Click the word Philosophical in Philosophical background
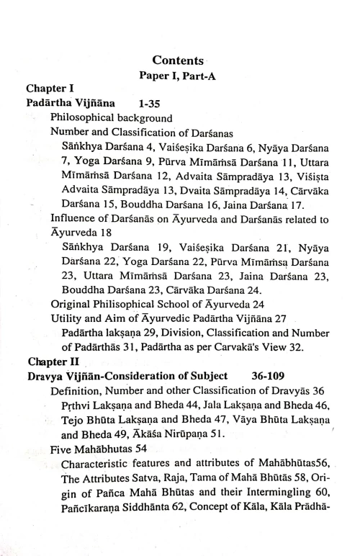[x=81, y=117]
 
